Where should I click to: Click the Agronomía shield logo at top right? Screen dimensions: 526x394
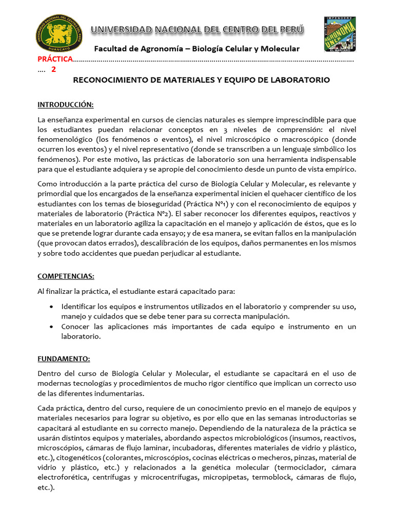coord(340,32)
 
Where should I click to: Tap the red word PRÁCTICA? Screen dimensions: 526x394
coord(55,60)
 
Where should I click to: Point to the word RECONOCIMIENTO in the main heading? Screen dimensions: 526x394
coord(106,80)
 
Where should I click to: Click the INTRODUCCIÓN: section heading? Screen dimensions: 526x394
coord(65,105)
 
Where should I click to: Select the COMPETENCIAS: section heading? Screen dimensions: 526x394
coord(66,276)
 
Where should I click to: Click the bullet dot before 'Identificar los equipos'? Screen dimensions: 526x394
coord(52,307)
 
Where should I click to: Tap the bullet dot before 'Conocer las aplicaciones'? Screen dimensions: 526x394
coord(52,327)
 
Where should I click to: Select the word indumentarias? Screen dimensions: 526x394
coord(114,393)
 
